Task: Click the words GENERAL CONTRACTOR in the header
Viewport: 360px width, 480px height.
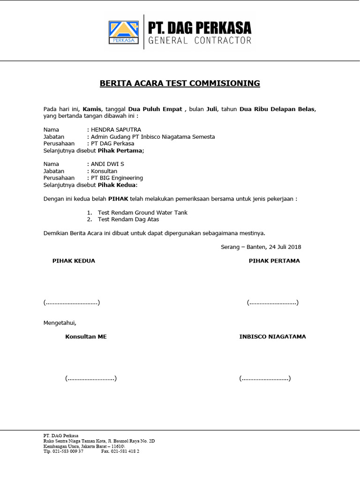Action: [x=200, y=41]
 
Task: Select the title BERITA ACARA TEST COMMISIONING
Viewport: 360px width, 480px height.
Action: [x=180, y=83]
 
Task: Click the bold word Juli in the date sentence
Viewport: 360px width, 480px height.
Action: [x=211, y=109]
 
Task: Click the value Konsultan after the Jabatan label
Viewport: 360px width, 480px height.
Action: [x=104, y=171]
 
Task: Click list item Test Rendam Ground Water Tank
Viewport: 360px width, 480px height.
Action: [x=142, y=212]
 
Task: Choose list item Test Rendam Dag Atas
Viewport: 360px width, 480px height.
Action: [x=128, y=219]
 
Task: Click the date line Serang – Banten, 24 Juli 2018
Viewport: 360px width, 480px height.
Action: [x=261, y=247]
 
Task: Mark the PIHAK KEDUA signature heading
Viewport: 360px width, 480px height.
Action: [x=74, y=261]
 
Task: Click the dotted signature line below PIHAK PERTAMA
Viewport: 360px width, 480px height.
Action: [x=273, y=303]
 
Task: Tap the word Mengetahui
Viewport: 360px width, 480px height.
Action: [x=60, y=323]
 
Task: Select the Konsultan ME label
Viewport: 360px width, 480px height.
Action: [x=86, y=337]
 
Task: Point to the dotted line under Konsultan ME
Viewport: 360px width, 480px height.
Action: [x=91, y=378]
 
